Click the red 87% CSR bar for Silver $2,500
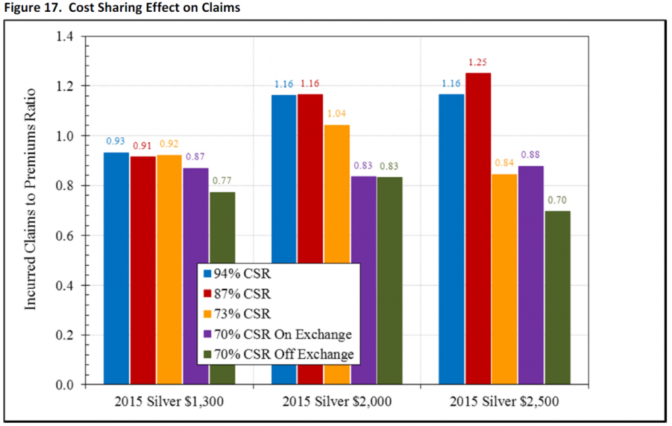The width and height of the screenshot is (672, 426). pyautogui.click(x=478, y=228)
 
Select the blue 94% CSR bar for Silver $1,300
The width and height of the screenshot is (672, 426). pyautogui.click(x=116, y=268)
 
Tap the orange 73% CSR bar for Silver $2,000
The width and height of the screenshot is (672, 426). pyautogui.click(x=337, y=194)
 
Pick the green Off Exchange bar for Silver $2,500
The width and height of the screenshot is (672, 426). pyautogui.click(x=558, y=297)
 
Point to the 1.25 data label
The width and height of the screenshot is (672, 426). pyautogui.click(x=478, y=62)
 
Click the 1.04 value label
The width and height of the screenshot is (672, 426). pyautogui.click(x=337, y=114)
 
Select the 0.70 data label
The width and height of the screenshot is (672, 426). pyautogui.click(x=557, y=200)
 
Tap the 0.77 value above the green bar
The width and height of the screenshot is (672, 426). pyautogui.click(x=222, y=181)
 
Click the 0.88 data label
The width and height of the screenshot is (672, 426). pyautogui.click(x=530, y=155)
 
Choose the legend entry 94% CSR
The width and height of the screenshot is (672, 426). pyautogui.click(x=237, y=274)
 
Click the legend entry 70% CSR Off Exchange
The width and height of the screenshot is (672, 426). pyautogui.click(x=278, y=354)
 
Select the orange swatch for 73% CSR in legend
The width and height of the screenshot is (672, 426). pyautogui.click(x=207, y=314)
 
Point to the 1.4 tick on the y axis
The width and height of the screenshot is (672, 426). pyautogui.click(x=65, y=36)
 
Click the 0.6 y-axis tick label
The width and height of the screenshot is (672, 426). pyautogui.click(x=65, y=236)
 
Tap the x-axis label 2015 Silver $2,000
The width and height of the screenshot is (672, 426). pyautogui.click(x=337, y=402)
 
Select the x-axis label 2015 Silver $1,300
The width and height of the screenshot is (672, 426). pyautogui.click(x=169, y=402)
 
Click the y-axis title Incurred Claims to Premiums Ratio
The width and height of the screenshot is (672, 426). pyautogui.click(x=30, y=200)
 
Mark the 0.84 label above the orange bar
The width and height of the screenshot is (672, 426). pyautogui.click(x=505, y=163)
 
